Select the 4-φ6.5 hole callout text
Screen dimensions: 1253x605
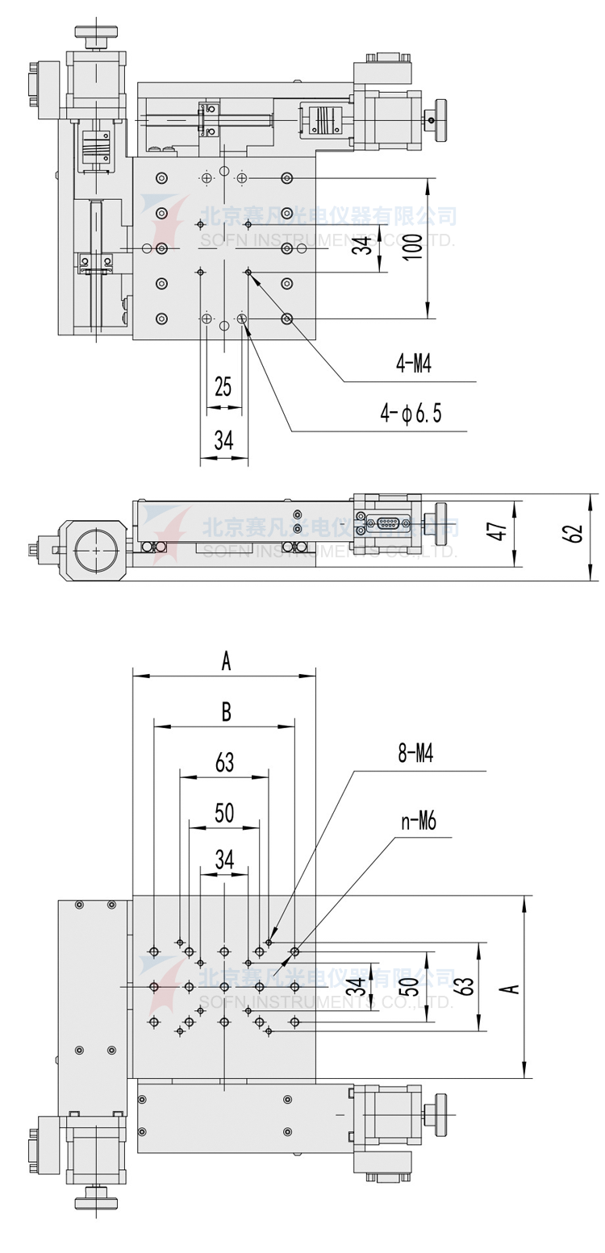point(411,414)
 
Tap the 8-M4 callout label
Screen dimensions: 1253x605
point(415,754)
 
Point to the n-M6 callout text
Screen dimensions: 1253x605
point(418,822)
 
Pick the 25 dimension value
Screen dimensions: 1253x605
point(223,386)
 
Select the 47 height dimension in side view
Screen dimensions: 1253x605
point(499,532)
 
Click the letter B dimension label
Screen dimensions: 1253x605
point(226,712)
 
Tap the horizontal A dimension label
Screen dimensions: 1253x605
point(226,662)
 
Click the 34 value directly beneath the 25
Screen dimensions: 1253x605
point(223,439)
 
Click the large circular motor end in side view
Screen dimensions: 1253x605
point(96,550)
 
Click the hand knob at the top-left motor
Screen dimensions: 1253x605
point(96,33)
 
